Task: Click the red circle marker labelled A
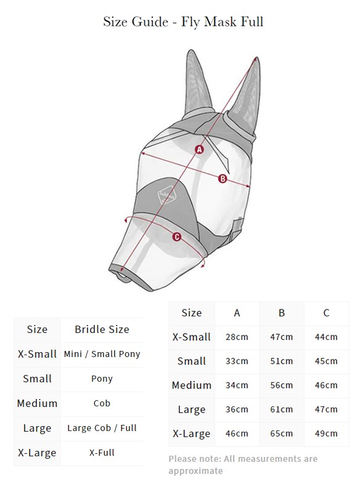tap(200, 149)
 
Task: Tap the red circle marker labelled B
tap(223, 179)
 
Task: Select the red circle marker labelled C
tap(177, 237)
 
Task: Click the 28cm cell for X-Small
tap(237, 337)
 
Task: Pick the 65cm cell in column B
tap(282, 434)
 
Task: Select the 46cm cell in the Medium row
tap(326, 385)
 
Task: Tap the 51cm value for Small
tap(282, 361)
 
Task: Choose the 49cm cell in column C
tap(326, 434)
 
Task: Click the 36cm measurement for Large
tap(237, 409)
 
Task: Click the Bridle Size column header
tap(102, 329)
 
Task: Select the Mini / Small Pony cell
tap(102, 354)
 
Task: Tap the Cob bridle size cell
tap(102, 403)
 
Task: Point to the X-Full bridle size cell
tap(102, 453)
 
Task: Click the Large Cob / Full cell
tap(102, 428)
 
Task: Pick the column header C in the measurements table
tap(326, 313)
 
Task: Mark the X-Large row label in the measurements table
tap(191, 434)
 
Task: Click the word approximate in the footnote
tap(195, 471)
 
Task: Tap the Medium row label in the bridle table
tap(37, 403)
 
